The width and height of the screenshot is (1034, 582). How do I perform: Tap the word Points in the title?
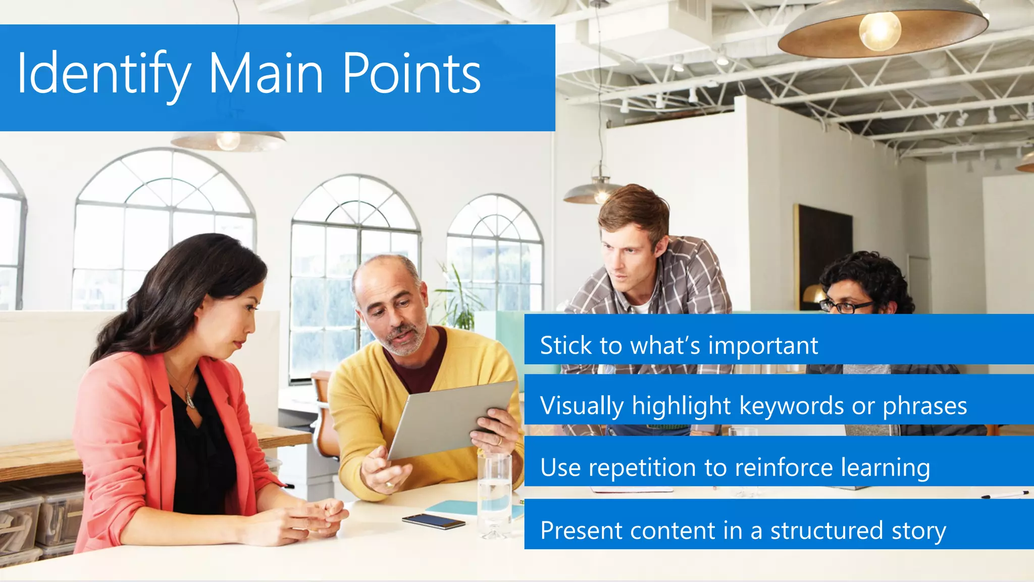(411, 73)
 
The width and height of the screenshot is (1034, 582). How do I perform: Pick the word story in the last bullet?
(918, 531)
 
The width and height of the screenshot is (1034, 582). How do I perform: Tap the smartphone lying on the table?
(434, 521)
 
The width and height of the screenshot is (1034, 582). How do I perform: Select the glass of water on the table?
(494, 495)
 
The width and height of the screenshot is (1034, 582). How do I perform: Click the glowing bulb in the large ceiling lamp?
(880, 30)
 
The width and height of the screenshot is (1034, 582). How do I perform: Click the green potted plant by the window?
(457, 303)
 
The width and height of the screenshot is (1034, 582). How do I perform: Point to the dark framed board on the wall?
(823, 253)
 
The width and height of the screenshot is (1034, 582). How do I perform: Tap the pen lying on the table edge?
(1005, 494)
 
